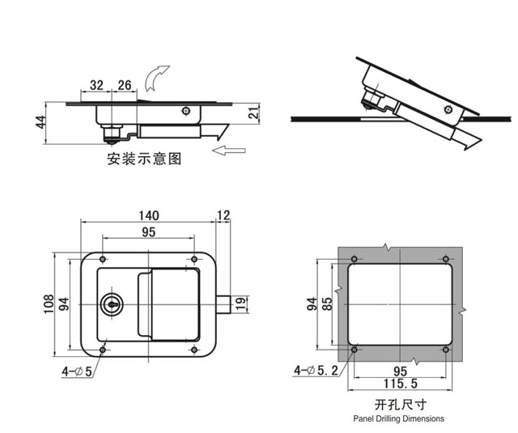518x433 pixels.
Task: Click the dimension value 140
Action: [148, 215]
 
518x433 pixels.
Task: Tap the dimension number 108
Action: [47, 304]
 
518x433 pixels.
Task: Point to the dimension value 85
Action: [325, 304]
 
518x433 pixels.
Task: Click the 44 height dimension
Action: [40, 123]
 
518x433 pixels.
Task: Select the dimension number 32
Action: [96, 85]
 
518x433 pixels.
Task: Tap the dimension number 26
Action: [125, 85]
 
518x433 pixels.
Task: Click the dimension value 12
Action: [224, 215]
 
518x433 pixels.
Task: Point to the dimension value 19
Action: [240, 304]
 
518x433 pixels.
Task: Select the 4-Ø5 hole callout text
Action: [77, 371]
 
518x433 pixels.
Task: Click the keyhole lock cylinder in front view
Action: [111, 305]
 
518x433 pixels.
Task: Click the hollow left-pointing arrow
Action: [231, 150]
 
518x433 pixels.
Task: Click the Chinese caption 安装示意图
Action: [144, 159]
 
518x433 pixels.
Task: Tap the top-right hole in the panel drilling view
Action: [444, 259]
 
